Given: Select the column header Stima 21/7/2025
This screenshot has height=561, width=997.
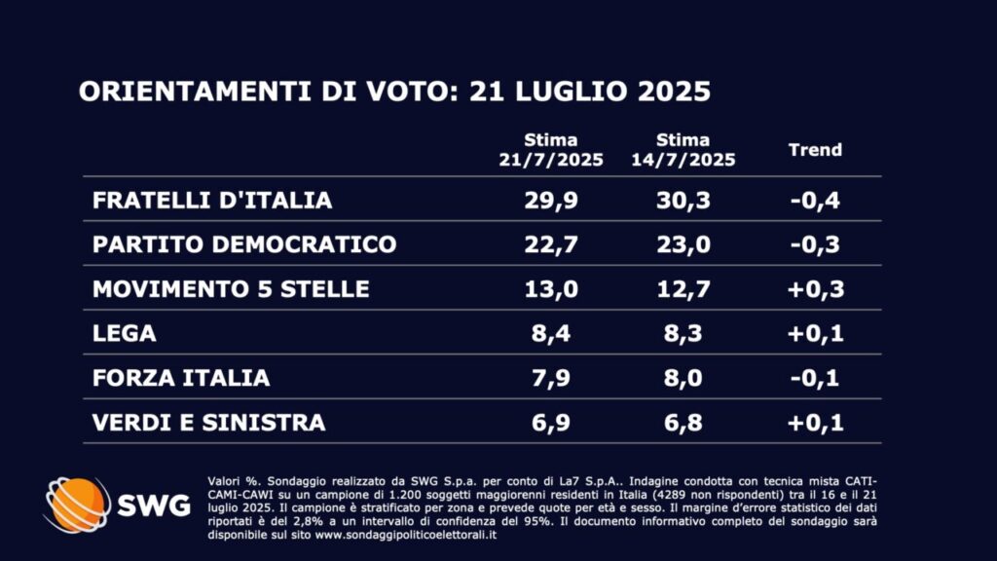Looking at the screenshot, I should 550,150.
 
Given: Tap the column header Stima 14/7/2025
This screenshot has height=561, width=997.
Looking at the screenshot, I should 683,150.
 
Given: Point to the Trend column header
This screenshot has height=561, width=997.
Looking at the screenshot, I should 814,150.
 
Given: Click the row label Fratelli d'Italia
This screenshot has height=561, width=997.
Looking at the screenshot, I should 212,201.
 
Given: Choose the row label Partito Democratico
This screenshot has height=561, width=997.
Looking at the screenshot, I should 244,244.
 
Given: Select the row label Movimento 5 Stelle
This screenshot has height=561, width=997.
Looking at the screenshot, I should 231,289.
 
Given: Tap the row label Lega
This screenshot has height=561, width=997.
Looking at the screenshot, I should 125,334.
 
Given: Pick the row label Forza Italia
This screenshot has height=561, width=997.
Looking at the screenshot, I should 181,378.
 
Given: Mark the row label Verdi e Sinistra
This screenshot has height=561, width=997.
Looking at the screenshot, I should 208,423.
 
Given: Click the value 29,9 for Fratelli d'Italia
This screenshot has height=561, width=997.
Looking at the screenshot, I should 550,201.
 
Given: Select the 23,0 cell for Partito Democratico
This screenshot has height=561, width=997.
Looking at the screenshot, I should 683,244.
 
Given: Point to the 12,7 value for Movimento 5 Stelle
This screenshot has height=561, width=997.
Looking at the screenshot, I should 683,289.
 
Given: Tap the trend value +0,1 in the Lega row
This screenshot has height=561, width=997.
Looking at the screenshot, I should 814,334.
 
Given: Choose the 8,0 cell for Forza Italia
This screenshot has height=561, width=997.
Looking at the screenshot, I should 683,378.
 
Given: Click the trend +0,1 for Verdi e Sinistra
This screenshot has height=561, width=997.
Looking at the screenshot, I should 814,423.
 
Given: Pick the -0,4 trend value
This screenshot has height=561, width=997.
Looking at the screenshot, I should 814,201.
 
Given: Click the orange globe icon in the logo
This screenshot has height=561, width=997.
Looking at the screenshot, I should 78,505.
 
